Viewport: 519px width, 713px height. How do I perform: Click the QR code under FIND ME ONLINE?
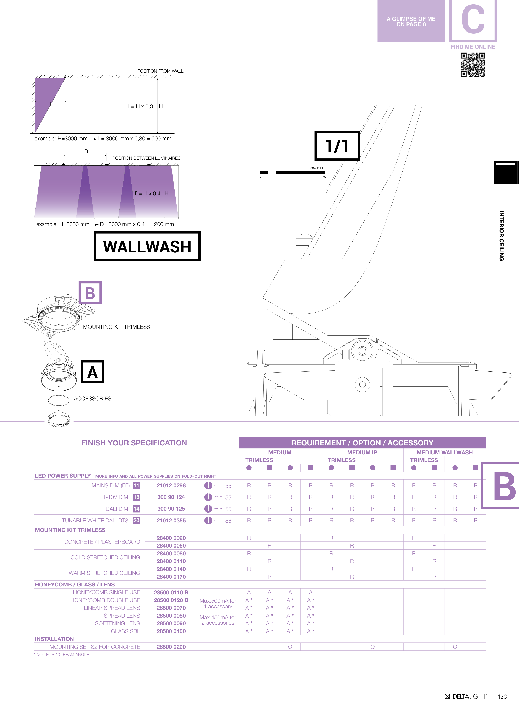473,65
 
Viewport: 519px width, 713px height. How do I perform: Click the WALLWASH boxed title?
147,246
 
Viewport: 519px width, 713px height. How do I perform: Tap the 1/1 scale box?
337,146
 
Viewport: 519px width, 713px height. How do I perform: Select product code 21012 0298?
171,485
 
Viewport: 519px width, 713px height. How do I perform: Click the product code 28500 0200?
171,647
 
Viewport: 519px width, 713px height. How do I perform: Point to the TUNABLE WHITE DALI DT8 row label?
95,520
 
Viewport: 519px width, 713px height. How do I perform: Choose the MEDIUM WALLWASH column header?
444,452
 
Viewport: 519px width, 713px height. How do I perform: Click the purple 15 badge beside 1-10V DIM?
136,497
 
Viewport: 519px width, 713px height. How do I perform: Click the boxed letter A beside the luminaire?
93,372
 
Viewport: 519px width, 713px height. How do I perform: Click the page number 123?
502,696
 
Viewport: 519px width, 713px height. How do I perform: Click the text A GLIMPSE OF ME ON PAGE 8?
411,21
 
